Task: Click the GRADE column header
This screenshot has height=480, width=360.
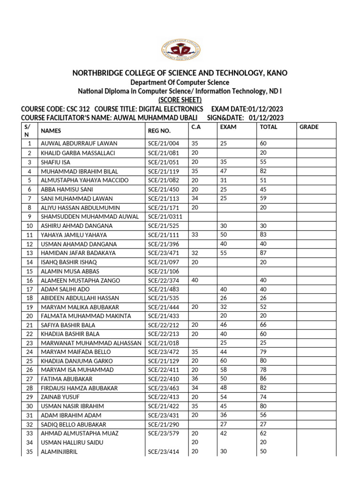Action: [x=309, y=127]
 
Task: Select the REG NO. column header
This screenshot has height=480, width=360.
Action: [x=159, y=132]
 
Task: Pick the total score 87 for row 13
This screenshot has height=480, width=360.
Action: [x=264, y=253]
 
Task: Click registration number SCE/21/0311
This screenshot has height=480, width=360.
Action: [x=165, y=217]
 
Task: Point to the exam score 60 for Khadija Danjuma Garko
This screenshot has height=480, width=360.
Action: [x=224, y=361]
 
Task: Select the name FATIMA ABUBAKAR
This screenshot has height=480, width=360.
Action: [x=67, y=379]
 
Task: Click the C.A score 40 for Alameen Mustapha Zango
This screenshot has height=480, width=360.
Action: [x=195, y=280]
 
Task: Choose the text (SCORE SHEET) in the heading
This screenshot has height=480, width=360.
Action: [x=180, y=99]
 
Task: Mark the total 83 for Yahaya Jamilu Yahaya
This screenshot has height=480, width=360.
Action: [x=264, y=235]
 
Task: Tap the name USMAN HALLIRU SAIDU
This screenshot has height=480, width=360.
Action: [x=72, y=442]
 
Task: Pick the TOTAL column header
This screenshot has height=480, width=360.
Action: [x=269, y=127]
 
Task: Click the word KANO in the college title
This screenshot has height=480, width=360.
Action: [x=277, y=73]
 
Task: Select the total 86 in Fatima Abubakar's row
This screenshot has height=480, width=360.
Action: [x=264, y=379]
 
